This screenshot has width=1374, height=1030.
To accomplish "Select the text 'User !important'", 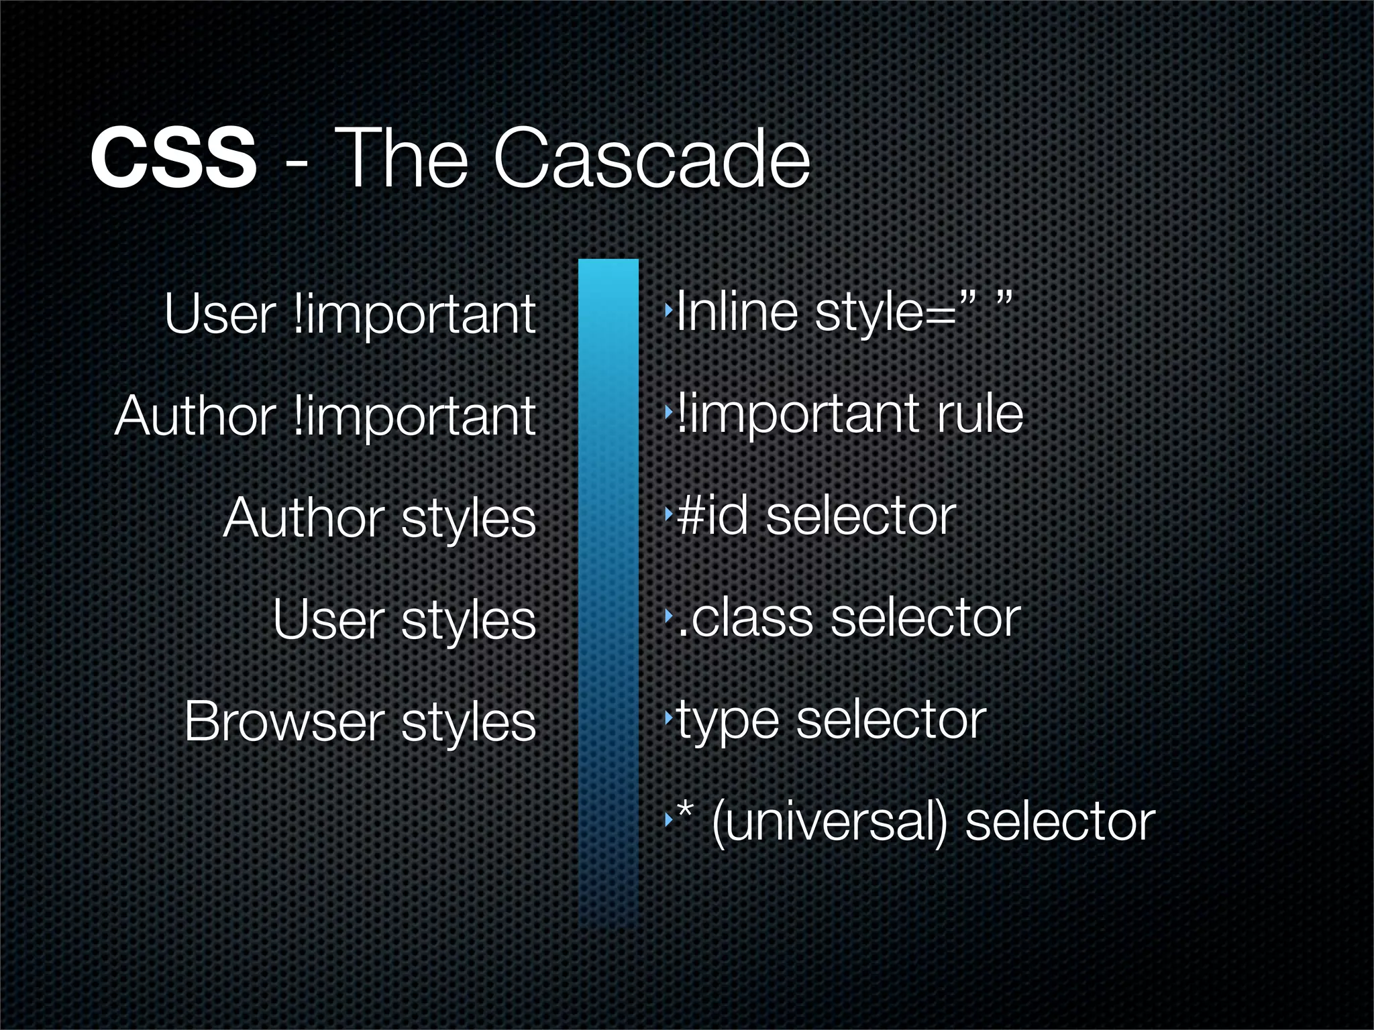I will [x=350, y=314].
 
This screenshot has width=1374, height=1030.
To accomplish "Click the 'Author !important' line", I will [x=325, y=416].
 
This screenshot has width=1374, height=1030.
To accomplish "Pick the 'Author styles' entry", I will [x=379, y=518].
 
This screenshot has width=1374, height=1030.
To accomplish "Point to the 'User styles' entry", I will [x=404, y=620].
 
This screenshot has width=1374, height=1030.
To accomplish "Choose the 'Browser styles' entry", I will [x=360, y=722].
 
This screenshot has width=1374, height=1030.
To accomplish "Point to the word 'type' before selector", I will [x=727, y=723].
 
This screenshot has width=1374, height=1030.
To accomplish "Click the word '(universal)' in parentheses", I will [x=829, y=823].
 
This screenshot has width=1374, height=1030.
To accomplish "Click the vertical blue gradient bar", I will [x=608, y=590].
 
